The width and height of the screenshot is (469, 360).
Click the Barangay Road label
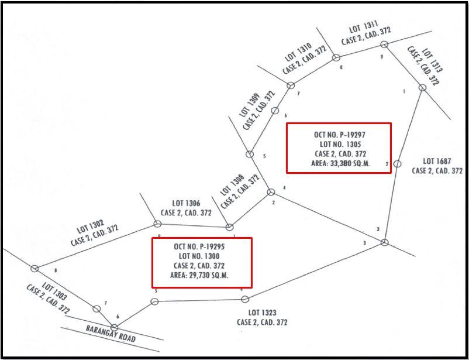tap(111, 334)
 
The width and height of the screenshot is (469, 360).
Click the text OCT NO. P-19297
tap(339, 135)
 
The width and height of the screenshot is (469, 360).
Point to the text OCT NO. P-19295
tap(200, 247)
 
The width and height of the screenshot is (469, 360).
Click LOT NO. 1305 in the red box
tap(340, 144)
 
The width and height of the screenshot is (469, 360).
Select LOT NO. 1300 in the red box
tap(201, 256)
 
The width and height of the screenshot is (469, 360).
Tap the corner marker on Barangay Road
tap(115, 327)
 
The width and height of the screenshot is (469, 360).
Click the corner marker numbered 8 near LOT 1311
tap(336, 57)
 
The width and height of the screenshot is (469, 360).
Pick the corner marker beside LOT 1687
tap(397, 164)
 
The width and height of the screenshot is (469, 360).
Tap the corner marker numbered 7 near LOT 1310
tap(290, 85)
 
